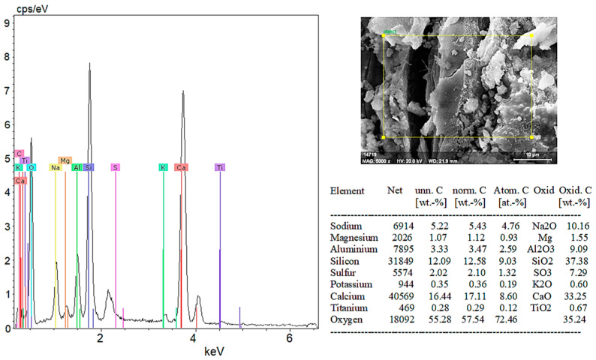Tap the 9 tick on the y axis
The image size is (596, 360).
point(7,22)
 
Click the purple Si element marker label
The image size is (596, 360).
point(89,167)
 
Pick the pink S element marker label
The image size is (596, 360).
point(115,167)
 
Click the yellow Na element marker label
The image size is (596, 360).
point(55,167)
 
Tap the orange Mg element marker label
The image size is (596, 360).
point(65,160)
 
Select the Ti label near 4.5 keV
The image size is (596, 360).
point(219,167)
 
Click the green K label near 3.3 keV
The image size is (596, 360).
point(162,167)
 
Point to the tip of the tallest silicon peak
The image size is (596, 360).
point(89,64)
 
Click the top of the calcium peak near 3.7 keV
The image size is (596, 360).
point(182,91)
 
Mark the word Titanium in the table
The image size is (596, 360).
point(348,307)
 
